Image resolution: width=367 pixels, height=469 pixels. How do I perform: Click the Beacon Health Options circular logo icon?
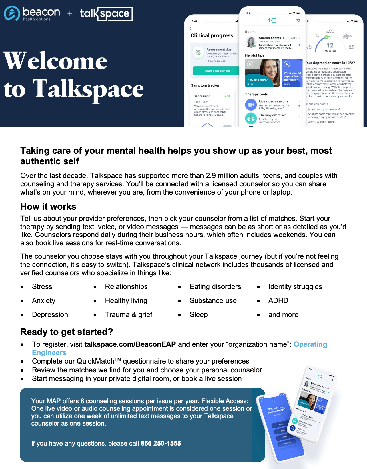pos(12,13)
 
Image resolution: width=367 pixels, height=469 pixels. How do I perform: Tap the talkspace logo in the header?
pos(106,14)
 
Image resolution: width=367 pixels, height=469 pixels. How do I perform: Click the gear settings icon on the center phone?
pos(298,20)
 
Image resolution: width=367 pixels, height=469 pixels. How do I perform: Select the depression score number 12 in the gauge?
pos(330,45)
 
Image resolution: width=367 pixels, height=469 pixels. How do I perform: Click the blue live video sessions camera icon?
pos(251,105)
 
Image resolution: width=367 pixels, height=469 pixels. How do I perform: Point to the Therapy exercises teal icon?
pos(251,118)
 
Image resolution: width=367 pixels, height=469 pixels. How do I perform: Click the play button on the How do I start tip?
pos(250,64)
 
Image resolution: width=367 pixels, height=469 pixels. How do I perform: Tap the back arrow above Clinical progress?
pos(190,29)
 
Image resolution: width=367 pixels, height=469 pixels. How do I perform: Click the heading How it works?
pos(48,207)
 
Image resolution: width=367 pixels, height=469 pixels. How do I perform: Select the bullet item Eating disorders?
pos(215,287)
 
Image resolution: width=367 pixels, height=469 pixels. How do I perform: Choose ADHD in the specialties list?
pos(278,301)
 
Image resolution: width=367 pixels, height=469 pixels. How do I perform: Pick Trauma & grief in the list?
pos(129,315)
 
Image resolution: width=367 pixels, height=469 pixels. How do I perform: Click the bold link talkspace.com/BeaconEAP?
pos(130,344)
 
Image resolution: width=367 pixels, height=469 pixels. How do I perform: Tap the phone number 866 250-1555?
pos(161,443)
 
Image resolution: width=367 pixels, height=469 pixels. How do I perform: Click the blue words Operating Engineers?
pos(310,344)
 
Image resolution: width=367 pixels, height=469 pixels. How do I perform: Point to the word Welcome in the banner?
pos(55,61)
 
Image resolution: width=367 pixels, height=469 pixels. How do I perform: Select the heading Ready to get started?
pos(67,332)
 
